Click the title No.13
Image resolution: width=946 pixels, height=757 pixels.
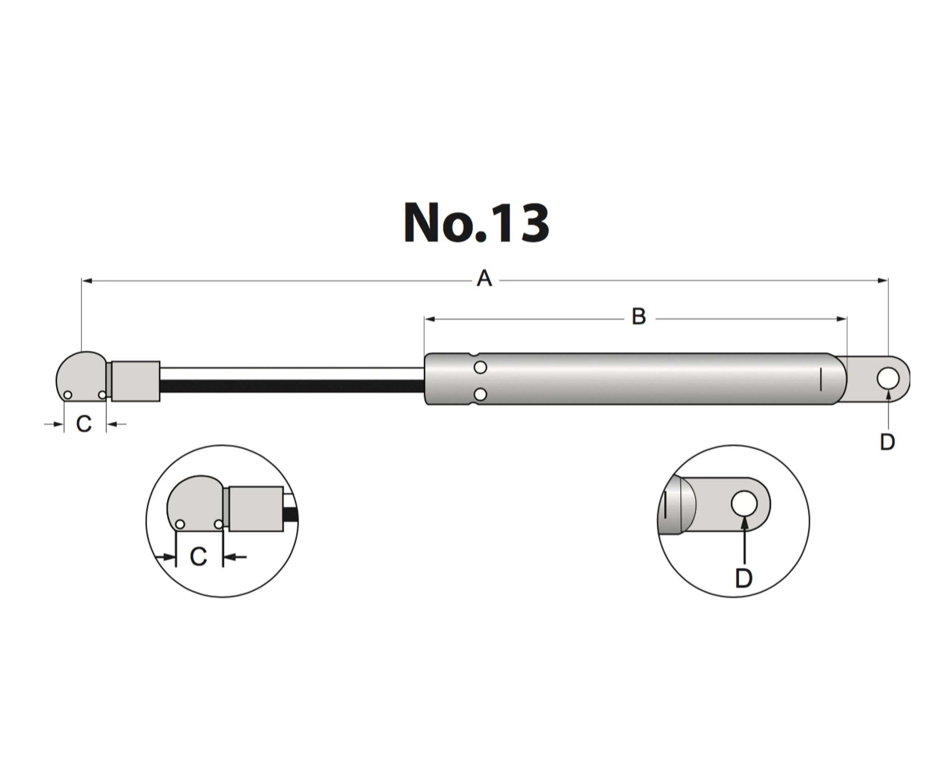click(476, 223)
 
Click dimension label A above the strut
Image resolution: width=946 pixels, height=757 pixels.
click(484, 279)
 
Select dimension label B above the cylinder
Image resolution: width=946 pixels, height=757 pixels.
click(639, 316)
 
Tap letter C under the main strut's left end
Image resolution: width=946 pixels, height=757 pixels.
click(84, 424)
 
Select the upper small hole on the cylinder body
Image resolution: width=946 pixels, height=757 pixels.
click(480, 367)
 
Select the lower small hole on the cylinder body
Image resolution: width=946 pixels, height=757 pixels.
click(480, 394)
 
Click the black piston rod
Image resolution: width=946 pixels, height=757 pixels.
click(292, 386)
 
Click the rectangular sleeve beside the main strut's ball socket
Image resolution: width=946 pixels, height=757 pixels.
click(136, 381)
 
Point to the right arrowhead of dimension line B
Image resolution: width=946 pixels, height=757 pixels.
click(841, 319)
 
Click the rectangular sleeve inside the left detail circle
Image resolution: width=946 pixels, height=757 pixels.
click(256, 509)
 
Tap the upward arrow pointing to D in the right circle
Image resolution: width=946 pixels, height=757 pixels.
click(744, 539)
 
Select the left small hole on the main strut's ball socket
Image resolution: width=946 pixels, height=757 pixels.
click(68, 395)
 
